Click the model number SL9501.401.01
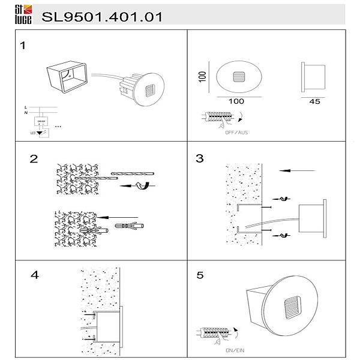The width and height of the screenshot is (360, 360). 101,16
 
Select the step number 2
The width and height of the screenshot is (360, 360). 34,159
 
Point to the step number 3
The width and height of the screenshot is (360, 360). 200,158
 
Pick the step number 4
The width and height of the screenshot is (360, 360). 34,275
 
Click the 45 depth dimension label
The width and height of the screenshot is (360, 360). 314,101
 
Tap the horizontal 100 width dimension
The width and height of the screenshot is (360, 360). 236,101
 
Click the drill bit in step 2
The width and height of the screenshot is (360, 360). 132,175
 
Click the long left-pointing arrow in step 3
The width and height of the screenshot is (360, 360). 298,171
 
